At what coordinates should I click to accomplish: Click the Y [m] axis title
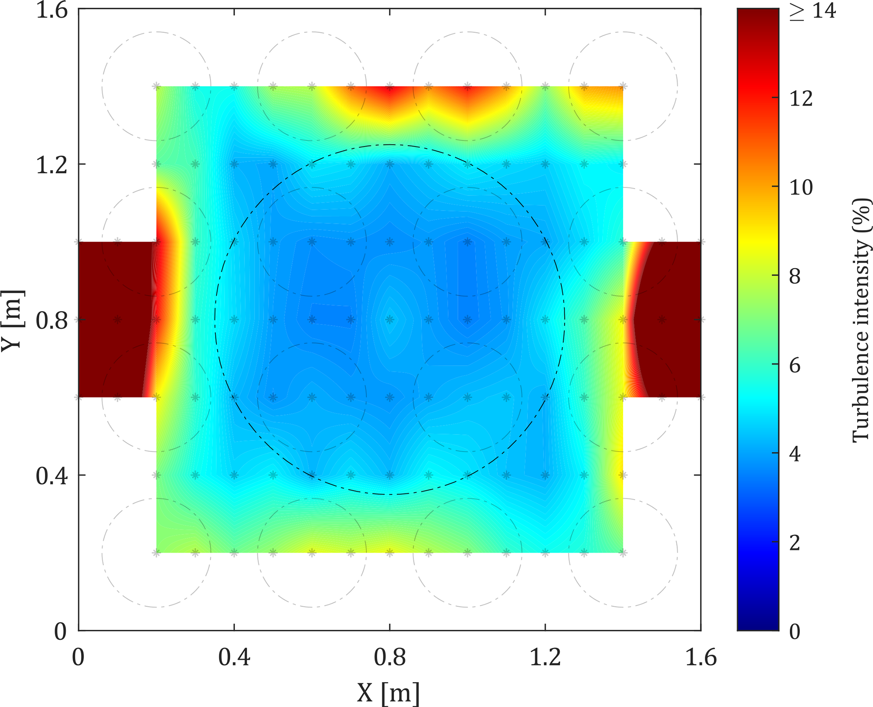coord(13,320)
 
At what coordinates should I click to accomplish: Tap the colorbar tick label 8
coord(795,276)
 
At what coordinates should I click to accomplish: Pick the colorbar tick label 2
coord(795,543)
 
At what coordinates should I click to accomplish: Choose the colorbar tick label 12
coord(801,99)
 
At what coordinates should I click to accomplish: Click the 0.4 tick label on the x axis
coord(234,658)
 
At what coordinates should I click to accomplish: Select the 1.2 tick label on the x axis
coord(545,658)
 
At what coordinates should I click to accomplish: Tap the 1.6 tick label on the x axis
coord(701,658)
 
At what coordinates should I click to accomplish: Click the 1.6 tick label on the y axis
coord(52,10)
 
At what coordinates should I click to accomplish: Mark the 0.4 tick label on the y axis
coord(52,476)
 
